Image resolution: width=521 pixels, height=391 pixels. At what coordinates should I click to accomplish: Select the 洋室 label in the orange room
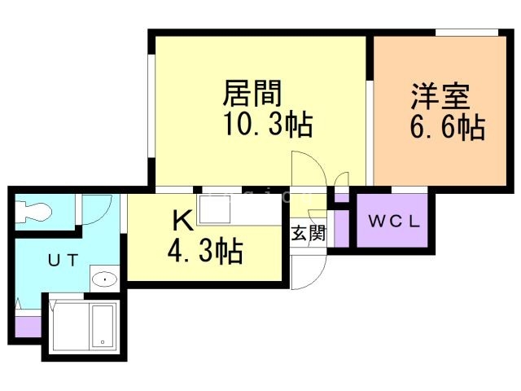point(440,97)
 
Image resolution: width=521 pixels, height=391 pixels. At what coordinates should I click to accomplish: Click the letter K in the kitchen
point(181,221)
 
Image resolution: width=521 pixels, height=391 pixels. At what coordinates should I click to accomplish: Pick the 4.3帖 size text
point(205,252)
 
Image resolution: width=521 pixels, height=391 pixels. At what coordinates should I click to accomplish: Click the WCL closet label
point(394,221)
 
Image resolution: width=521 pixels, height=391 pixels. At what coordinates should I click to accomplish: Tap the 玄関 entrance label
point(309,234)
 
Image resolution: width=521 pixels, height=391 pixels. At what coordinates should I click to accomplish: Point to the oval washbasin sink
point(104,279)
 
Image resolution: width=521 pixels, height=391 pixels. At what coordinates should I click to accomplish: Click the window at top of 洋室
point(466,33)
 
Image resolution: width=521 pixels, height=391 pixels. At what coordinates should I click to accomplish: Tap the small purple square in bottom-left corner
point(26,327)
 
